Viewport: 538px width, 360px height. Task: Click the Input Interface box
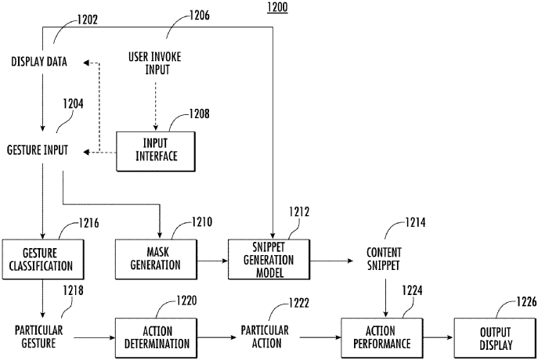156,149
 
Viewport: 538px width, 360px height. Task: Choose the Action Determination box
154,336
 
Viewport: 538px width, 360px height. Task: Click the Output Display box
496,336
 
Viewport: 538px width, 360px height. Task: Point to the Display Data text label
39,62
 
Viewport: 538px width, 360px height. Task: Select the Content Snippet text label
385,259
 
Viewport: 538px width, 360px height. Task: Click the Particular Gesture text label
38,336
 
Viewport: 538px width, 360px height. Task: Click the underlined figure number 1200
276,8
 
